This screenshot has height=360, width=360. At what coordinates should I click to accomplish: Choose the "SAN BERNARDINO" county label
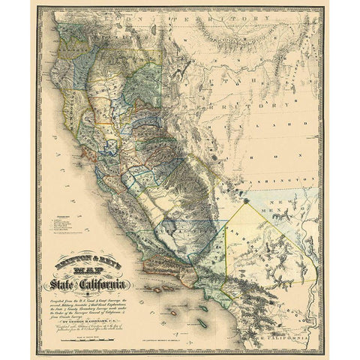[247, 247]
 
